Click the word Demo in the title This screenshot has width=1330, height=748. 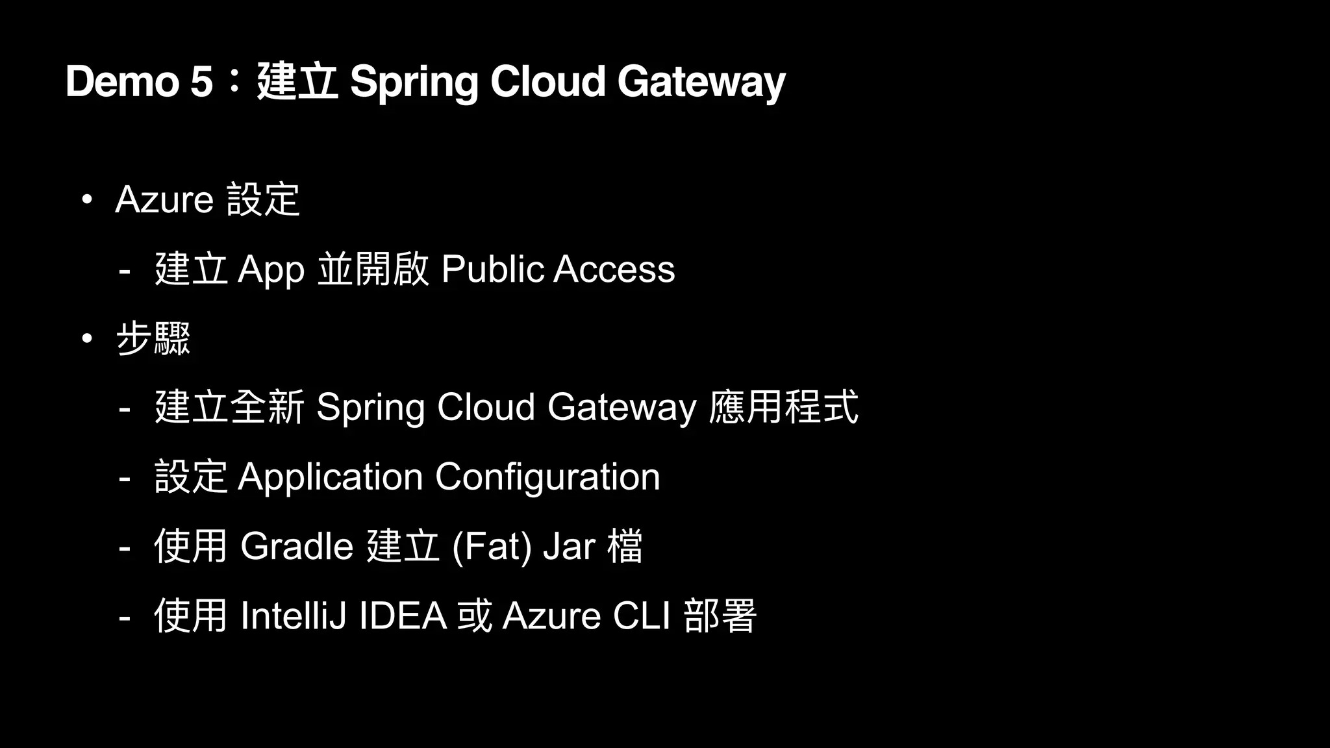coord(121,82)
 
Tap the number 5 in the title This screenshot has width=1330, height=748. coord(201,82)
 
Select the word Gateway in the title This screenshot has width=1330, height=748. coord(701,82)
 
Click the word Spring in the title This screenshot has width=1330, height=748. coord(413,82)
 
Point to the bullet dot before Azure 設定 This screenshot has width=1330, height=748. coord(87,199)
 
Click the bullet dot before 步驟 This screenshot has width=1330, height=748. coord(87,338)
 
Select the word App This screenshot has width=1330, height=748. coord(271,269)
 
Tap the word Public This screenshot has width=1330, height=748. coord(492,269)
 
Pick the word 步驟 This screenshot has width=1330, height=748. coord(153,339)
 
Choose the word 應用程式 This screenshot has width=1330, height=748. coord(783,407)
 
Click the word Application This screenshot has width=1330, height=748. coord(331,477)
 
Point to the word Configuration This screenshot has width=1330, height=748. coord(547,477)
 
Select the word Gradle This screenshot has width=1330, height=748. coord(297,546)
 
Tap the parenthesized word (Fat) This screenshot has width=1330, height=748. coord(492,546)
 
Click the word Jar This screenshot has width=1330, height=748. coord(569,546)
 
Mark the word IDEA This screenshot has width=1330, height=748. coord(403,616)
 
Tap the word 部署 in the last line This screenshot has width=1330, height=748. coord(720,616)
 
